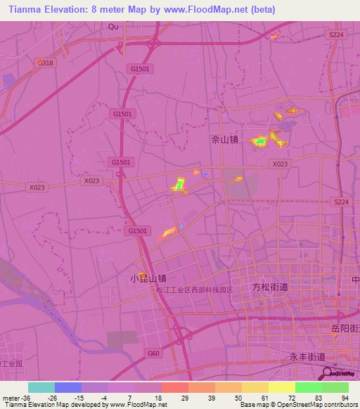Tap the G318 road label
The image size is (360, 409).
(x=45, y=63)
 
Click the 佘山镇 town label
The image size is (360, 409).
(x=225, y=139)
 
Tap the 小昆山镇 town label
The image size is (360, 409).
(x=148, y=278)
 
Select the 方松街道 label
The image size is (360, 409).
(x=270, y=287)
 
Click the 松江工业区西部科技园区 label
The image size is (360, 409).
(x=195, y=290)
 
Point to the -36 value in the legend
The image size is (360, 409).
(x=25, y=398)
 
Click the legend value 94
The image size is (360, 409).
(x=345, y=398)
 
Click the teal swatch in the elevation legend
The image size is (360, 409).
(x=41, y=387)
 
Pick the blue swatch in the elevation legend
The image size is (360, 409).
(x=68, y=387)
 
